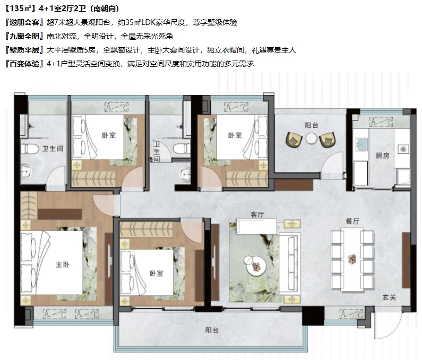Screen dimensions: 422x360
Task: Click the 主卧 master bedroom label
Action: tap(63, 264)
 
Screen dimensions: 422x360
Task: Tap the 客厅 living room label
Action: tap(257, 215)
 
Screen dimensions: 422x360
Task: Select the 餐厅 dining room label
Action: tap(352, 221)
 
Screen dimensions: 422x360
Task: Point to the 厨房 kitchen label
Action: tap(382, 156)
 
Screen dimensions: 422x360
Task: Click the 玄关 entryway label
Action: tap(389, 297)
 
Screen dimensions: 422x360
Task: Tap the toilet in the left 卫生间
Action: tap(30, 149)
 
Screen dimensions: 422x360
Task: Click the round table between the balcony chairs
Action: tap(312, 139)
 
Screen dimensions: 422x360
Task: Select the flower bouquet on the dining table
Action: tap(352, 259)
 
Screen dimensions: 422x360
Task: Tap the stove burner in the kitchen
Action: tap(403, 149)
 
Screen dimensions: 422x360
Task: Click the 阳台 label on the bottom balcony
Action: tap(212, 330)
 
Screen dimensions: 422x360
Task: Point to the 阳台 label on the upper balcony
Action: tap(312, 125)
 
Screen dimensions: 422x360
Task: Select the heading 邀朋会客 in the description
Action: tap(24, 22)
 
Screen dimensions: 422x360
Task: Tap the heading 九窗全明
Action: tap(24, 36)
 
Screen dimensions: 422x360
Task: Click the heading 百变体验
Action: tap(24, 64)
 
